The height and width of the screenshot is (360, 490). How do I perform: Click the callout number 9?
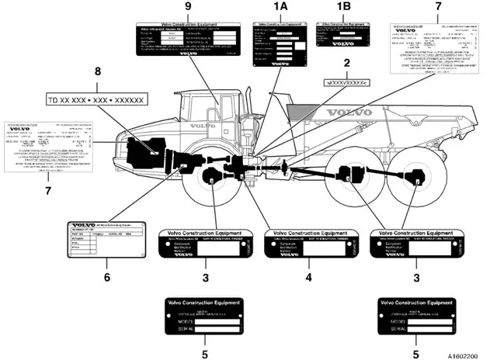point(187,7)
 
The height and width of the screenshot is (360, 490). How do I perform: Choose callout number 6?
point(106,275)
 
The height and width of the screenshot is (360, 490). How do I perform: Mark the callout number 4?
point(308,275)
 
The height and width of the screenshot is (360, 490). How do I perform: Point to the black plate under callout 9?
point(188,38)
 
